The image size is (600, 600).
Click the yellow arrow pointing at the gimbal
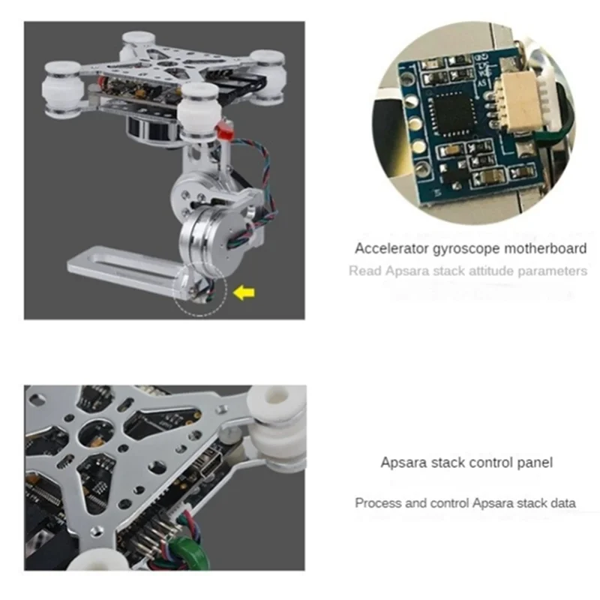coord(241,292)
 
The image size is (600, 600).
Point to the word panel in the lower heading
coord(534,463)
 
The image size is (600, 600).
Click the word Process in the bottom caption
coord(378,503)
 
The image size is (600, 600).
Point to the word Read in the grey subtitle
coord(364,271)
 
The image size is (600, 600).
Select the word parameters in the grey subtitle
coord(556,271)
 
